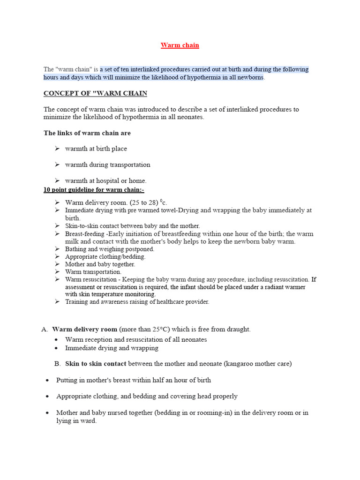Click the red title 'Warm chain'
click(x=180, y=45)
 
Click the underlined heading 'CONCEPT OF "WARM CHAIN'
click(x=95, y=93)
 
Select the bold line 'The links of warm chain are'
click(x=87, y=133)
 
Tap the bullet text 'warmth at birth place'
click(x=96, y=149)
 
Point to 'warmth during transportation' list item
click(x=108, y=165)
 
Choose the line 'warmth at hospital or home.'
click(x=106, y=180)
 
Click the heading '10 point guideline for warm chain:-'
click(x=94, y=190)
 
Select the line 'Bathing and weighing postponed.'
click(x=110, y=249)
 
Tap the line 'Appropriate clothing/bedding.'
click(x=105, y=256)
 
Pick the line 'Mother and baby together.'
click(x=100, y=264)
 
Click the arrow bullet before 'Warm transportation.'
click(x=57, y=271)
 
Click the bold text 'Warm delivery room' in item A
click(x=84, y=330)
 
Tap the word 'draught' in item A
click(x=238, y=330)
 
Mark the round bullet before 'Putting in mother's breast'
click(x=47, y=381)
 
